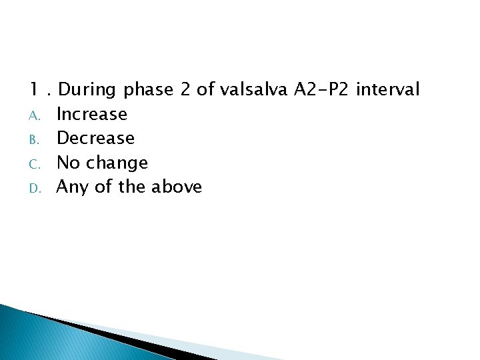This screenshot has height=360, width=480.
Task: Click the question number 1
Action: point(34,89)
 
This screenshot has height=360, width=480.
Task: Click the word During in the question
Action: point(86,89)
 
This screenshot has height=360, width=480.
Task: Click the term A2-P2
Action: point(323,89)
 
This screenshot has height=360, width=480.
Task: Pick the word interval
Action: point(388,89)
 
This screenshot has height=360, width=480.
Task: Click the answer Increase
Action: point(92,114)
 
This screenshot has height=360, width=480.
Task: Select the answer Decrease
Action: point(96,138)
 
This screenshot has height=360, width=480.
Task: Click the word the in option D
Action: point(133,187)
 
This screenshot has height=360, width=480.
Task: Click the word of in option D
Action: point(104,187)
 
